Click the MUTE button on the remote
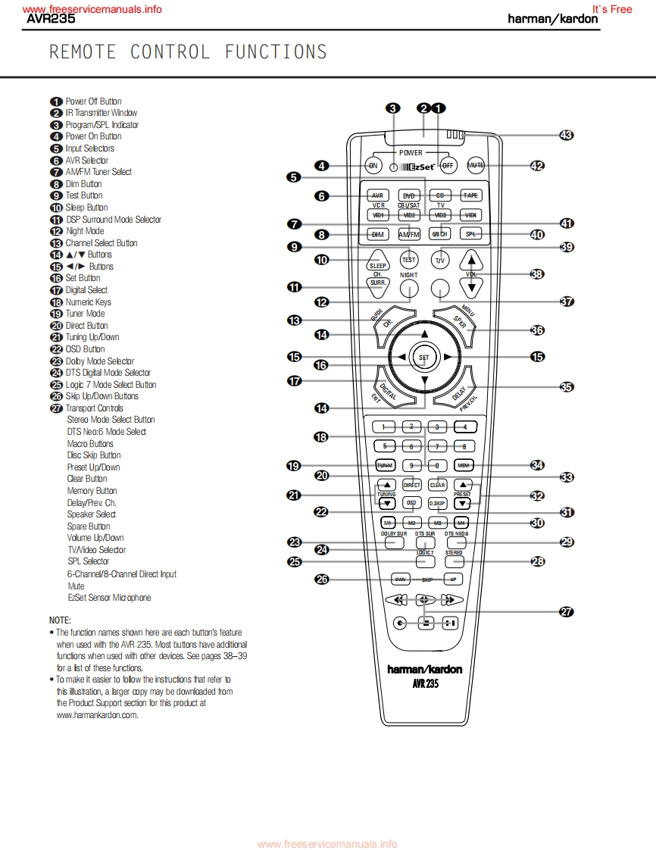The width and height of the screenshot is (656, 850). [x=476, y=165]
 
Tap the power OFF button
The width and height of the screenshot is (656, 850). [x=447, y=165]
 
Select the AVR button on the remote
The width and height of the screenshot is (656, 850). [x=378, y=195]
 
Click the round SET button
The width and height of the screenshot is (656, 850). [x=423, y=357]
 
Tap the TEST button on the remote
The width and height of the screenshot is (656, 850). [x=409, y=260]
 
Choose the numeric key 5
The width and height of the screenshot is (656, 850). [x=385, y=446]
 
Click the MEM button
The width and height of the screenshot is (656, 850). [x=464, y=465]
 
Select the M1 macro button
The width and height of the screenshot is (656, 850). [x=387, y=523]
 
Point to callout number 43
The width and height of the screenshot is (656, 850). [x=566, y=135]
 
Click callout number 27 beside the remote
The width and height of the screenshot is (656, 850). [x=566, y=612]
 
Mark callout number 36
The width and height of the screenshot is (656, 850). [x=537, y=330]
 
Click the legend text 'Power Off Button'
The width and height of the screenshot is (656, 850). [x=93, y=102]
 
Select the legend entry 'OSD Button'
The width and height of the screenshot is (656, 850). [x=85, y=349]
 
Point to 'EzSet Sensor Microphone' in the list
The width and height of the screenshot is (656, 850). [x=109, y=598]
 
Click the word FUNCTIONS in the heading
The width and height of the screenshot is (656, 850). [x=276, y=52]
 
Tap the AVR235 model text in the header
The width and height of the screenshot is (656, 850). [x=51, y=19]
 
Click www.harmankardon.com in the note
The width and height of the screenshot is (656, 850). [x=98, y=714]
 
